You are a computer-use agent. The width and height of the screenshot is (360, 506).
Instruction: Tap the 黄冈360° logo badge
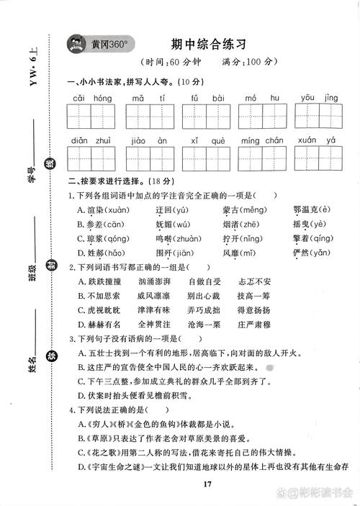[98, 45]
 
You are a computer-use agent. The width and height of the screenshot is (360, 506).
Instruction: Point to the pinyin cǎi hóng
[91, 97]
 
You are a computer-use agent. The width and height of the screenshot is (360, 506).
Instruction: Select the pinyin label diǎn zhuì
[91, 141]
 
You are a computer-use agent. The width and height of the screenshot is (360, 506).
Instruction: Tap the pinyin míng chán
[261, 141]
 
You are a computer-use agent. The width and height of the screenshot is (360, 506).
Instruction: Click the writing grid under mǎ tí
[148, 116]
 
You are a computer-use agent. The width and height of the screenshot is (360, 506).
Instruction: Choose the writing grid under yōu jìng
[319, 116]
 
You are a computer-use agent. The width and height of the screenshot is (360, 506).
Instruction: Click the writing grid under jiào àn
[148, 159]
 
